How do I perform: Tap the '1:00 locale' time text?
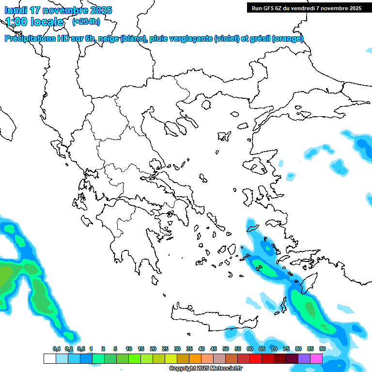coord(35,22)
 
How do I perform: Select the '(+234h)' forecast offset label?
coord(86,21)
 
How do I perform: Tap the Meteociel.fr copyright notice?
coord(205,369)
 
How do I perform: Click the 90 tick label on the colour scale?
coord(323,349)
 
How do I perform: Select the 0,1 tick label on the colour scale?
coord(56,349)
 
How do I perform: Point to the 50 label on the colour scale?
coord(226,349)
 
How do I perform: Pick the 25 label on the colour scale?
coord(165,349)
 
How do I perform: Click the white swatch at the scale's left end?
coord(49,358)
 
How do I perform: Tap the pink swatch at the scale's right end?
coord(316,358)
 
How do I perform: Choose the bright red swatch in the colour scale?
coord(256,358)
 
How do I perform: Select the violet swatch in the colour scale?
coord(304,358)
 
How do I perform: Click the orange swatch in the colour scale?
coord(195,358)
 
